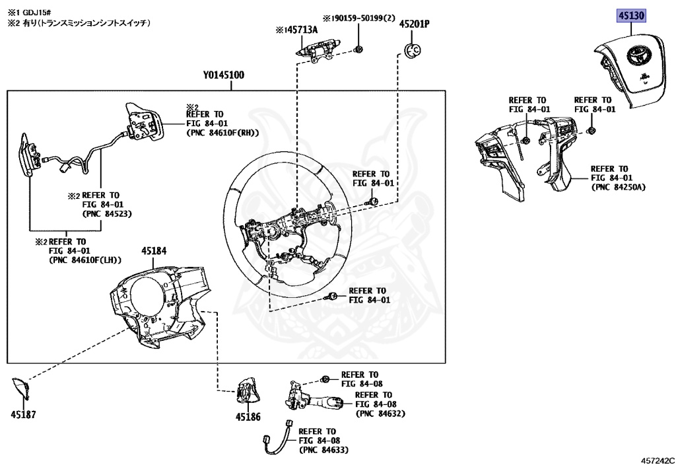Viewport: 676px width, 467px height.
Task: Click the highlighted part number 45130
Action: coord(630,15)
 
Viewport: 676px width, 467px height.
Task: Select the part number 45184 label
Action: coord(154,251)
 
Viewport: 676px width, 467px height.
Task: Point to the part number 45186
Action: coord(248,417)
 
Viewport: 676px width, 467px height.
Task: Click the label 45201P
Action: coord(414,24)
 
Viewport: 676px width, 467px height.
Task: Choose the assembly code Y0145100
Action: coord(224,75)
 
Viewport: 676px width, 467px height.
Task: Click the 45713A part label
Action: coord(298,29)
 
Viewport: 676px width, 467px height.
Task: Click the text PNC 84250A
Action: coord(619,187)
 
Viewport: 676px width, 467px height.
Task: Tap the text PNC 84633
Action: coord(324,450)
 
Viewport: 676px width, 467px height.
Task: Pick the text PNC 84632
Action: coord(380,413)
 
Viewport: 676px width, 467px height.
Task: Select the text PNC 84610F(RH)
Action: coord(222,132)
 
